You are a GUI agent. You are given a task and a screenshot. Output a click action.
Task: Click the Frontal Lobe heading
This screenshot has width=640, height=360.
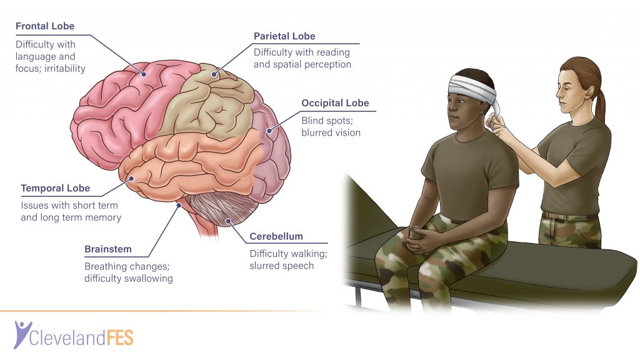(45, 26)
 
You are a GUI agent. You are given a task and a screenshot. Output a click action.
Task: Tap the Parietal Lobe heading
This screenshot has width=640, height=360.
(284, 36)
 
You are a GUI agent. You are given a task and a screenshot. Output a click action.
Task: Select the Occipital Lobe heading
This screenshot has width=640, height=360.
(335, 103)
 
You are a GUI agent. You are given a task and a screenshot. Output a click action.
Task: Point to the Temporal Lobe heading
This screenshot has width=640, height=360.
(56, 188)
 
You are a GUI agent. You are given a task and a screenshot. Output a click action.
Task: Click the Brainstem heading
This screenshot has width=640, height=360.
(108, 249)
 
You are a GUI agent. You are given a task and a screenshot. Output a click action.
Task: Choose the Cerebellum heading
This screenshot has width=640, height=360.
(276, 236)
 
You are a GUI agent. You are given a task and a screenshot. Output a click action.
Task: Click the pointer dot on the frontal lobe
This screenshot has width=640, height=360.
(144, 74)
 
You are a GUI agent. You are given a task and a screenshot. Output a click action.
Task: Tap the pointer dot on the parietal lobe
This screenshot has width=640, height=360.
(214, 74)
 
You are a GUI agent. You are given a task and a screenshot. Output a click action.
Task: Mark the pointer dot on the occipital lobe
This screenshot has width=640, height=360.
(269, 131)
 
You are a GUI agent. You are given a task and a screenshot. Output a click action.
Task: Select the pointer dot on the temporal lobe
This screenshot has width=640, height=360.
(131, 178)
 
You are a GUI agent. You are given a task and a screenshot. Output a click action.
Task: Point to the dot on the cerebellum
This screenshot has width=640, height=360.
(229, 222)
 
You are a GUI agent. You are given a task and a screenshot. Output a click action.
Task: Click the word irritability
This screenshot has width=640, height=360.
(65, 69)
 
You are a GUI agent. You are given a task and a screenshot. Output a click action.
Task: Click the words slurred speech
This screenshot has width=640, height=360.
(282, 266)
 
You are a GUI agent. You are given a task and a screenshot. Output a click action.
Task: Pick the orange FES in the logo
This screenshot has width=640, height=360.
(120, 338)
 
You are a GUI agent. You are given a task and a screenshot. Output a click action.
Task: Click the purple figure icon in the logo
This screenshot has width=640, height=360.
(21, 334)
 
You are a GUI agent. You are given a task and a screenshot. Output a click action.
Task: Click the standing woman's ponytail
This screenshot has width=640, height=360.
(600, 105)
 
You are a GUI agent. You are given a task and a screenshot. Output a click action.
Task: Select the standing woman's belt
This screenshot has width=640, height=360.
(570, 216)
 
